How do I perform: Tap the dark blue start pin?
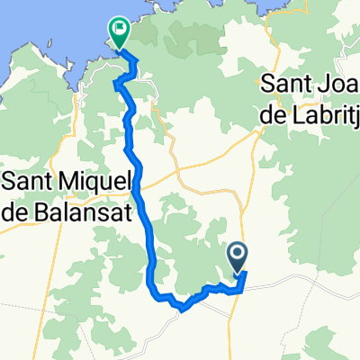point(239,257)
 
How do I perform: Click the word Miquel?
point(91,181)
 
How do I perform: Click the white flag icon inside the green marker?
point(118,29)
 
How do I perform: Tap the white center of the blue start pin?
point(239,254)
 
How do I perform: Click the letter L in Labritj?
point(297,112)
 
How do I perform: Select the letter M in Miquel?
point(67,181)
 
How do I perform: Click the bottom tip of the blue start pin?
point(239,274)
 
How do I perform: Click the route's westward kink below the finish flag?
point(115,84)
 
